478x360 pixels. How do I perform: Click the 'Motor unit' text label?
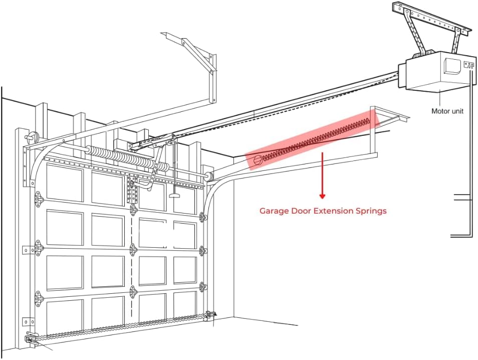point(447,111)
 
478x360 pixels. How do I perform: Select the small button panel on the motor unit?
point(469,65)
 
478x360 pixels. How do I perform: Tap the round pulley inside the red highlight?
point(258,161)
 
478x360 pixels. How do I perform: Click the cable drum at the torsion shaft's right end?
point(208,177)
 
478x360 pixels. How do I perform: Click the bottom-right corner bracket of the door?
point(210,316)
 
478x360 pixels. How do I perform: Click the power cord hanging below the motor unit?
point(471,150)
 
